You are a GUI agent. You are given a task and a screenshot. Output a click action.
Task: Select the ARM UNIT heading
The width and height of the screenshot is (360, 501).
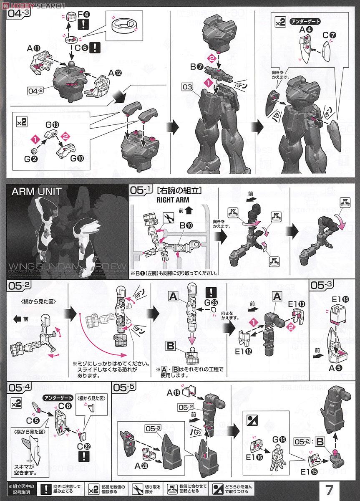click(x=37, y=192)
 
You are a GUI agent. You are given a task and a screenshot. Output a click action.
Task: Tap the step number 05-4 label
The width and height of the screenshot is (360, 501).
click(x=18, y=387)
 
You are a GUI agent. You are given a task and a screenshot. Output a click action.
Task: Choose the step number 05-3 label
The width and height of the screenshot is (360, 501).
click(x=322, y=286)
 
